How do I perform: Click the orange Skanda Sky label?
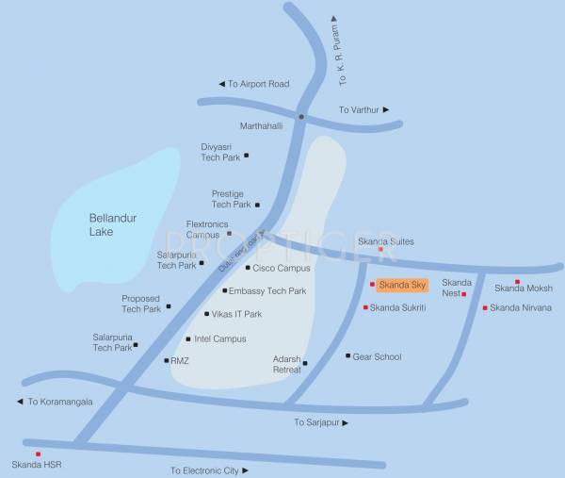click(402, 285)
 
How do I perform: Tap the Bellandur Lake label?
click(113, 224)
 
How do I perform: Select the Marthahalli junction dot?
click(301, 117)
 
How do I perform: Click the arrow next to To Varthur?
click(386, 110)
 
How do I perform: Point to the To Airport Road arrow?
click(222, 84)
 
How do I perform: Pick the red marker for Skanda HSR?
click(38, 453)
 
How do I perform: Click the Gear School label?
click(377, 356)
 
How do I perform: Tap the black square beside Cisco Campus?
click(248, 268)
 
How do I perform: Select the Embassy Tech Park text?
click(267, 291)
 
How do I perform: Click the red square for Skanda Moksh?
click(517, 281)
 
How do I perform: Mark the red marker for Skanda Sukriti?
click(365, 307)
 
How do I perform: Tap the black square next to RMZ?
click(166, 360)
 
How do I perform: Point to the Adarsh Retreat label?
click(286, 364)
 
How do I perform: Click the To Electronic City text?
click(204, 470)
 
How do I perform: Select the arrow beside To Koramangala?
click(20, 402)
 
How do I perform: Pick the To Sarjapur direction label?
click(315, 422)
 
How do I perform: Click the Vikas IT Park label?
click(236, 314)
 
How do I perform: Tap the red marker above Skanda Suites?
click(380, 249)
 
